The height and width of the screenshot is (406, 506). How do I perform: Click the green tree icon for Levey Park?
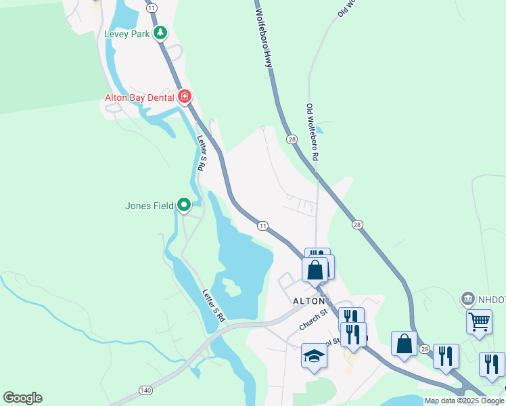pos(160,32)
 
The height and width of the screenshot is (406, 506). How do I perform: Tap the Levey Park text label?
pos(127,34)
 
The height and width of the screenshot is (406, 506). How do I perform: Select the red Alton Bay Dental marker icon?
pos(184,97)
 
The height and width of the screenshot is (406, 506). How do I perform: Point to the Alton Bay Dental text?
pos(139,97)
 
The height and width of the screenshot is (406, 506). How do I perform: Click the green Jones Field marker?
pos(184,204)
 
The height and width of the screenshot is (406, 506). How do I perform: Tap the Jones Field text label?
pos(149,206)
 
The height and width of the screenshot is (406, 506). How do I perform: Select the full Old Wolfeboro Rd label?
pos(313,132)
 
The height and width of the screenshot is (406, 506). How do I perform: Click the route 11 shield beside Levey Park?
pos(152,7)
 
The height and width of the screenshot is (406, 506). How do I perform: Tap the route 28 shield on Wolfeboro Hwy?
pos(292,139)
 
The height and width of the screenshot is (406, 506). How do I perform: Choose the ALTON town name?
pos(308,300)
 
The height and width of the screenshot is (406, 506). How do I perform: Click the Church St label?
pos(314,321)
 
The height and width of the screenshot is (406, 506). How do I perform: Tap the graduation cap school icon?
pos(314,355)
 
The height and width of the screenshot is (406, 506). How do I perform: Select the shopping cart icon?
pos(479,321)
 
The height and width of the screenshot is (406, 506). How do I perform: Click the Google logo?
pos(22,398)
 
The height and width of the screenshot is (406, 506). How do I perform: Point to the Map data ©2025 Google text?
pos(464,401)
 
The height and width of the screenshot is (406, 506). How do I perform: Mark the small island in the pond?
pos(231,289)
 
